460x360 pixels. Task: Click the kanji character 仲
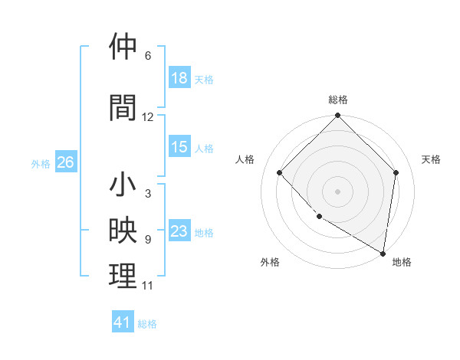123,47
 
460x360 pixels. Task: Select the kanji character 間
123,107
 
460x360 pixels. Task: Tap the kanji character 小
123,185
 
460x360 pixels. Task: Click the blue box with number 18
179,78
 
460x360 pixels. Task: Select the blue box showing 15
179,147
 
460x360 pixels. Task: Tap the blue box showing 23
179,231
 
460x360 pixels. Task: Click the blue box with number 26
65,162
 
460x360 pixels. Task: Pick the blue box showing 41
123,322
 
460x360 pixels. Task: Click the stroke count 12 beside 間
148,117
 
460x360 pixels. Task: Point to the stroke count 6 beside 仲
148,56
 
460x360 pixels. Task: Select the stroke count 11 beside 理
148,286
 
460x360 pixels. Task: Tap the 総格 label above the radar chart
338,100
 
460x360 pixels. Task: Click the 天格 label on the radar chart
431,159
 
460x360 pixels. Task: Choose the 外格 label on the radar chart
270,262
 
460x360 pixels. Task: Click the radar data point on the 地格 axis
383,253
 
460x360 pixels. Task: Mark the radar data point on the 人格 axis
280,173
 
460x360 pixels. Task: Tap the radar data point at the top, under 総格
338,116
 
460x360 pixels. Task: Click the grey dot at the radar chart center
338,191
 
